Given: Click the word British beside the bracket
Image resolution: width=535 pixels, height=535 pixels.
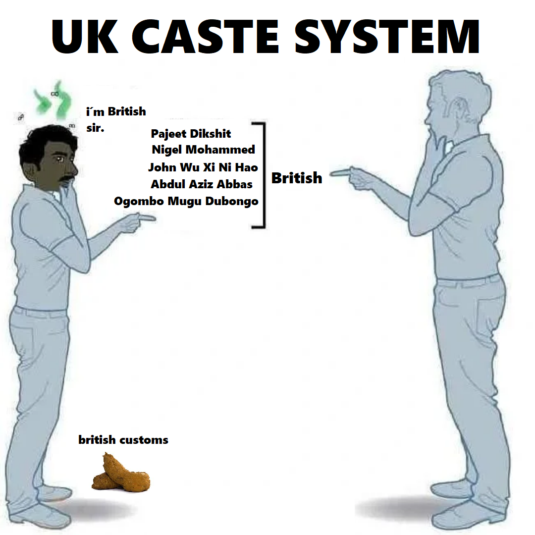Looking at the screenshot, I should pos(296,178).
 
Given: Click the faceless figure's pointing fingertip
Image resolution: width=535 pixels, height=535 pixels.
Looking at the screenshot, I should pos(333,172).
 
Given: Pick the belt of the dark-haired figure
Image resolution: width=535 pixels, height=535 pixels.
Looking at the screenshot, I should pos(40,312).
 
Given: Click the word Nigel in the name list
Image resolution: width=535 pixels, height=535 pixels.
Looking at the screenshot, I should pos(166,150).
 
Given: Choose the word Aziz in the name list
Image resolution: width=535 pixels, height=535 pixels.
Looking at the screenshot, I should pos(202,184).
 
